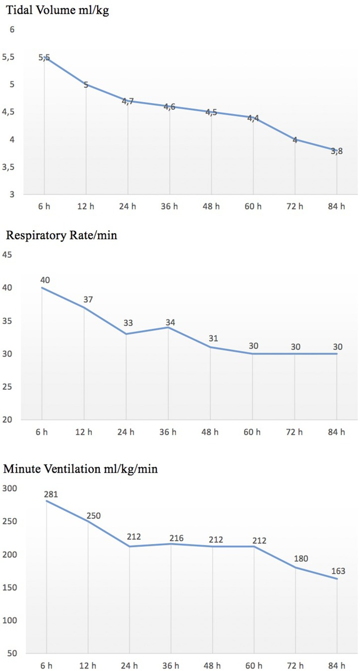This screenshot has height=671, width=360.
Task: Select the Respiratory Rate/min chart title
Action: [61, 235]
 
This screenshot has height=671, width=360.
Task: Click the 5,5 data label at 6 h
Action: [45, 58]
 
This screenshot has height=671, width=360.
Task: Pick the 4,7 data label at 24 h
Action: [128, 102]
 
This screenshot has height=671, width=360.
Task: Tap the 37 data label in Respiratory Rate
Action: [88, 300]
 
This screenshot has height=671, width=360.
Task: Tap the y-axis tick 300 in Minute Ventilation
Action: [10, 488]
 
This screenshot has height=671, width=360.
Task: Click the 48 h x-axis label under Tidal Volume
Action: [211, 206]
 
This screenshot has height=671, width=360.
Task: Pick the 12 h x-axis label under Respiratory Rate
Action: [84, 432]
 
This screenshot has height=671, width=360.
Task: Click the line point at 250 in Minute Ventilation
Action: [88, 521]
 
